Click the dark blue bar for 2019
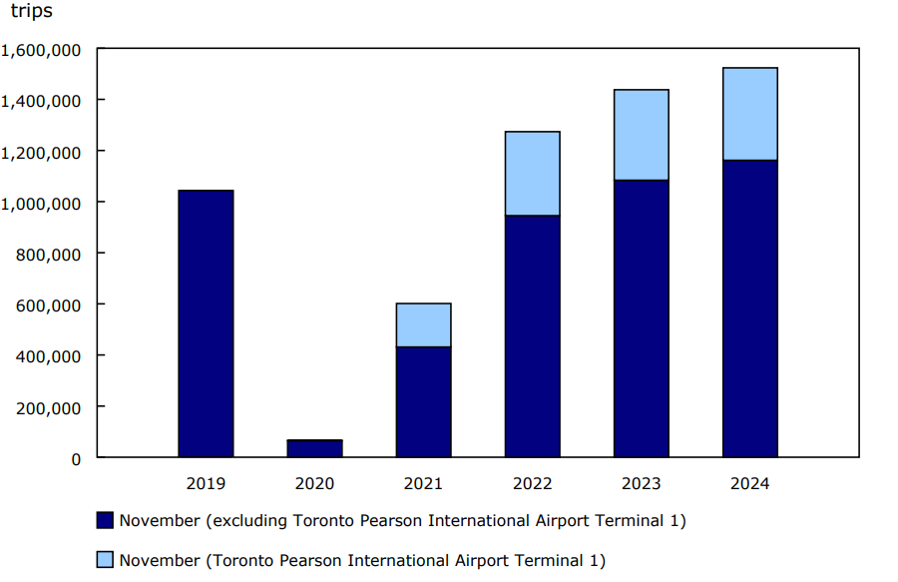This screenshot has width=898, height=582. click(x=206, y=323)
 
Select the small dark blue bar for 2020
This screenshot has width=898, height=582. click(x=314, y=448)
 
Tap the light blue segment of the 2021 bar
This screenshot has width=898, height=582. click(x=423, y=324)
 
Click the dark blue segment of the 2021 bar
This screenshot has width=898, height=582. click(x=423, y=401)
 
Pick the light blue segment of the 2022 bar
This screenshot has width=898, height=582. click(x=532, y=173)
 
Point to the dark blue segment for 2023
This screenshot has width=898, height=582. click(x=641, y=318)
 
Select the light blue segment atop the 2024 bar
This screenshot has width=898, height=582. click(x=749, y=114)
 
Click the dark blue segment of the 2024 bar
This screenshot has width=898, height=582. click(x=749, y=308)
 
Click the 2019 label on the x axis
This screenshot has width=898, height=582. click(x=206, y=483)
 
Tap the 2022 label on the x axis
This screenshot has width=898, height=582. click(x=532, y=483)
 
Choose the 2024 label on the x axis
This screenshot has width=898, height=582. click(x=749, y=483)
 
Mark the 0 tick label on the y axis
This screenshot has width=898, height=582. click(x=75, y=458)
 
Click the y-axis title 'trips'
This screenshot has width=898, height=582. click(x=31, y=12)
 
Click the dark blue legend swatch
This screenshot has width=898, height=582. click(x=105, y=520)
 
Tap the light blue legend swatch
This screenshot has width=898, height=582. click(x=105, y=560)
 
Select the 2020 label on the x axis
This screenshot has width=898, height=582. click(x=314, y=483)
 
